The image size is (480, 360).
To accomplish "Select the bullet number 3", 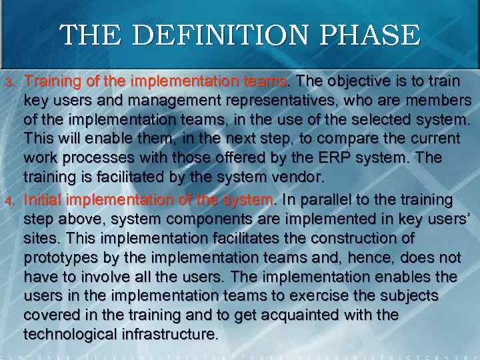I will point(9,82).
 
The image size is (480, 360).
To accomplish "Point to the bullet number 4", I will point(9,199).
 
